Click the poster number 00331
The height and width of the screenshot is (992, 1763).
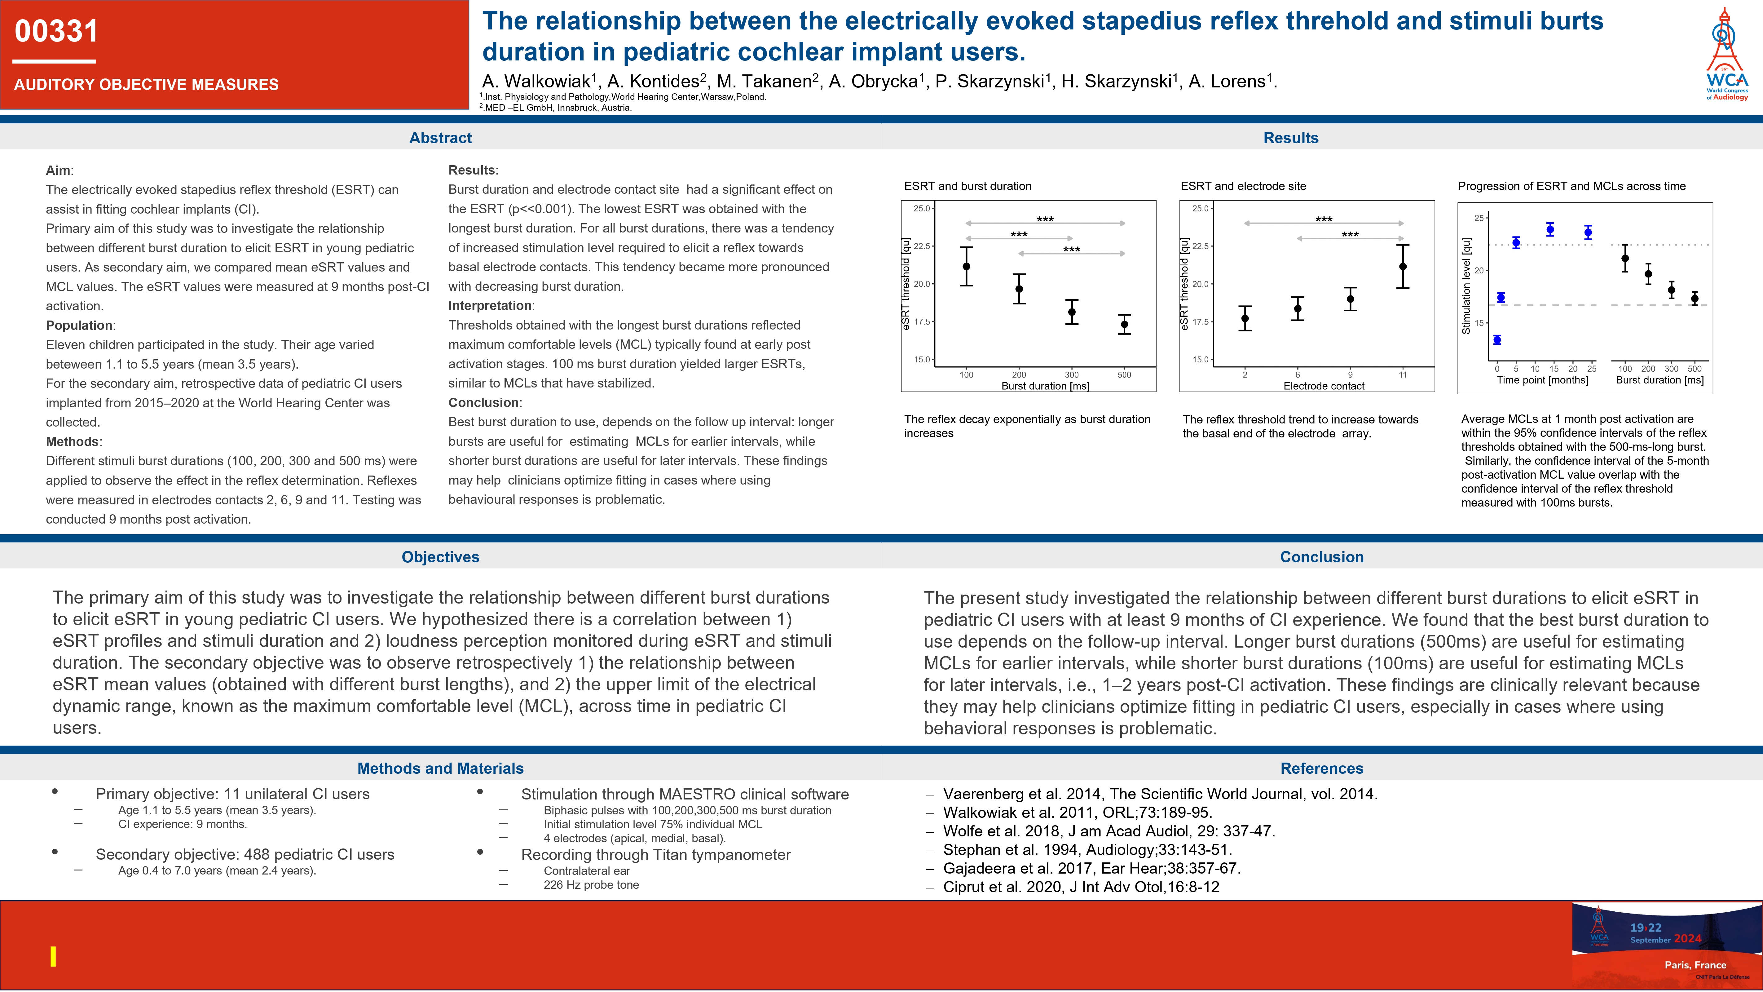pos(57,32)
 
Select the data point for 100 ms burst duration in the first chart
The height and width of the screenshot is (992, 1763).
pos(966,266)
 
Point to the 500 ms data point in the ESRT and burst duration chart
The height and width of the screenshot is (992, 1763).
pos(1125,325)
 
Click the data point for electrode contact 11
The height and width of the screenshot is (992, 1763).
pos(1403,266)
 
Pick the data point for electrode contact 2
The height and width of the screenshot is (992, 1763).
pos(1245,318)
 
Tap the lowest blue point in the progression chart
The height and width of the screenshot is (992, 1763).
pos(1497,339)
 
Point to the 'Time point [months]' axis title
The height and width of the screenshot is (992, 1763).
pos(1543,380)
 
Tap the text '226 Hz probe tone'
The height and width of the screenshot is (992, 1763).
pos(591,884)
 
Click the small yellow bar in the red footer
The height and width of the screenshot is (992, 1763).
pos(53,956)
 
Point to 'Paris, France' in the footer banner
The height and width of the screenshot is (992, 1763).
pos(1695,965)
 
